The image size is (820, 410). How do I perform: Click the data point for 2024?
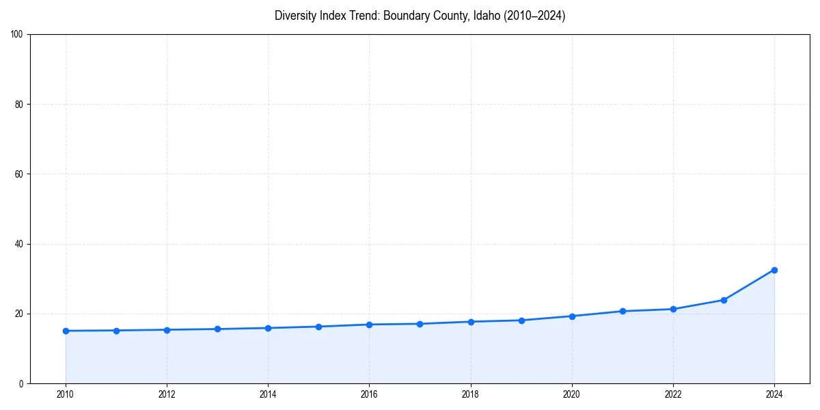774,270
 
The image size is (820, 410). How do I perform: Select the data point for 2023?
724,300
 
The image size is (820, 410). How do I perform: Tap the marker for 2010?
66,331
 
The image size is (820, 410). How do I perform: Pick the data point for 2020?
572,316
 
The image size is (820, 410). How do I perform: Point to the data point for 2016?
369,325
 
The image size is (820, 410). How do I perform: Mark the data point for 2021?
623,312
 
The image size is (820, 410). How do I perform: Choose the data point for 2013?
217,329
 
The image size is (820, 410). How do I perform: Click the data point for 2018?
471,322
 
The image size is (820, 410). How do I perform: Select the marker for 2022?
673,309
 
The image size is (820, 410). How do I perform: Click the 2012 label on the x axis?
167,394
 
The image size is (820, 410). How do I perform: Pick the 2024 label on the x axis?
774,394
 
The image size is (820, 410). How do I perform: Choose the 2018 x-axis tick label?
471,394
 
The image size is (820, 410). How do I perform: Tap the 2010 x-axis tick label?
66,394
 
